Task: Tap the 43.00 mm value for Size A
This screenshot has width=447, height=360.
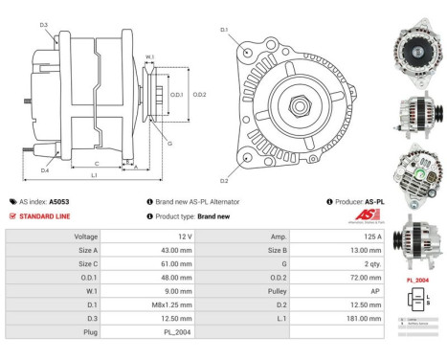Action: pos(177,249)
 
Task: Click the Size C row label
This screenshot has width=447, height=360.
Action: pos(87,262)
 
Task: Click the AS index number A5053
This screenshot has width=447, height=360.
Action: pos(59,202)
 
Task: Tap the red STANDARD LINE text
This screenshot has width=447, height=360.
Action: pos(44,216)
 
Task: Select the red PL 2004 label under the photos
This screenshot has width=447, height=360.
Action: pos(417,279)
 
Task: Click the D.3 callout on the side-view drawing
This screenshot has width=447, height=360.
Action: pos(44,24)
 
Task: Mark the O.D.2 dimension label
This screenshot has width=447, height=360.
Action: pos(200,94)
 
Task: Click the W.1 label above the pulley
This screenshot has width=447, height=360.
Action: pos(149,57)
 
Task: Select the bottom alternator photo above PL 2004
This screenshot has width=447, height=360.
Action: pos(418,243)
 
